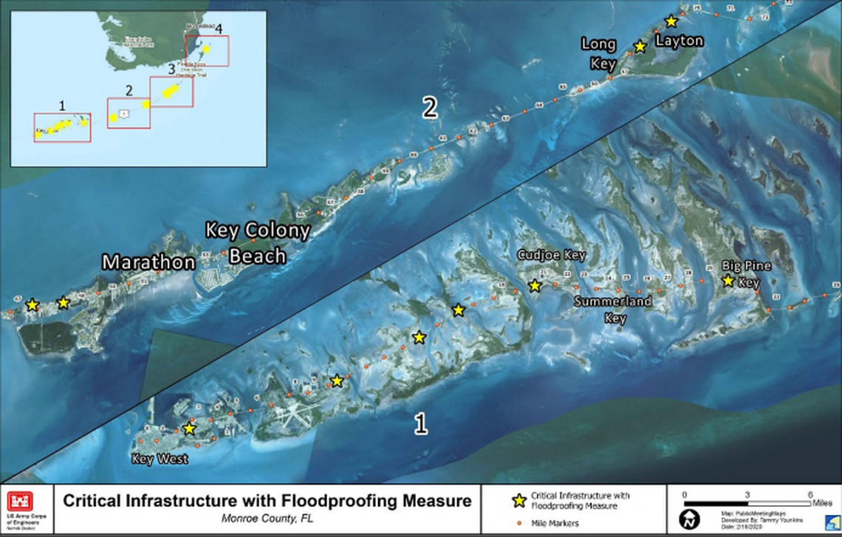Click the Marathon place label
(x=148, y=262)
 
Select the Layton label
(x=679, y=41)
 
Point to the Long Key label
(x=598, y=54)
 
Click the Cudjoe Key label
(x=551, y=256)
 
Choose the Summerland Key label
(x=614, y=309)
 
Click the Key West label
(x=160, y=459)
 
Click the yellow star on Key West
(x=189, y=428)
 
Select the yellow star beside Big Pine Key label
(x=728, y=281)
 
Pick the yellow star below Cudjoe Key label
(x=535, y=285)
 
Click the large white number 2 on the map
(x=430, y=109)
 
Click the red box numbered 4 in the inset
(x=207, y=50)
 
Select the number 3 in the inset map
(x=171, y=69)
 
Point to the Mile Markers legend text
(x=558, y=523)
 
